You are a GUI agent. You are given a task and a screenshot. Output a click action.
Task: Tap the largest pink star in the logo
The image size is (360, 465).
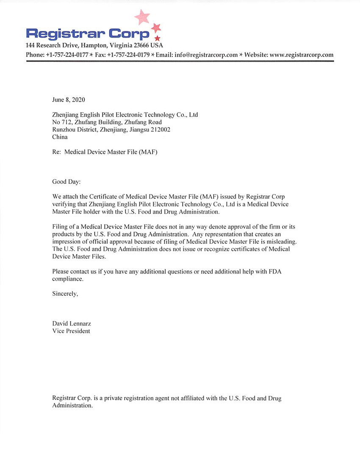click(x=142, y=17)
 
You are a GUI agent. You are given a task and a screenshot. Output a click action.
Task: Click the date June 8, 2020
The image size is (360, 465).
click(x=69, y=100)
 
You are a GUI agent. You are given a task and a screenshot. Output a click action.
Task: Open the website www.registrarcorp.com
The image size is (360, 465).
click(x=301, y=55)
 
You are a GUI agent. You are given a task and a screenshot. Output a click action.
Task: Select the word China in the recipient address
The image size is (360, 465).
click(x=60, y=137)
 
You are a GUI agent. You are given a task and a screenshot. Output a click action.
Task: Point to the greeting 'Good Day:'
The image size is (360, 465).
click(x=66, y=182)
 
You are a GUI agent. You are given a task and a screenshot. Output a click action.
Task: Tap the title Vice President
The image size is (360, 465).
click(x=71, y=331)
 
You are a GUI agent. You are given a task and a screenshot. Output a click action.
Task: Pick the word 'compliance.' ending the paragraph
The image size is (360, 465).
click(x=68, y=279)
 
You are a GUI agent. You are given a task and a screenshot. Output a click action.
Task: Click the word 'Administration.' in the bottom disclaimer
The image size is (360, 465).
click(x=72, y=406)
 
